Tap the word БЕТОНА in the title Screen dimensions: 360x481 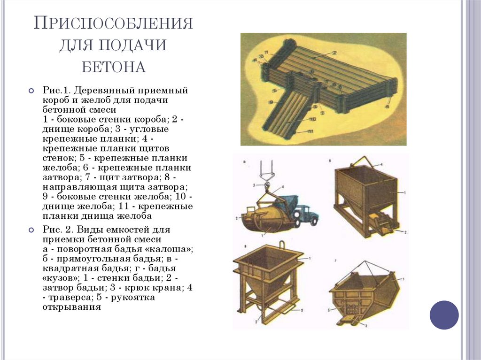click(113, 67)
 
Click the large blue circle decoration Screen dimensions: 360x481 click(444, 314)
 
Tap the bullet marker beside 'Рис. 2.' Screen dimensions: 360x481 click(31, 230)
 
